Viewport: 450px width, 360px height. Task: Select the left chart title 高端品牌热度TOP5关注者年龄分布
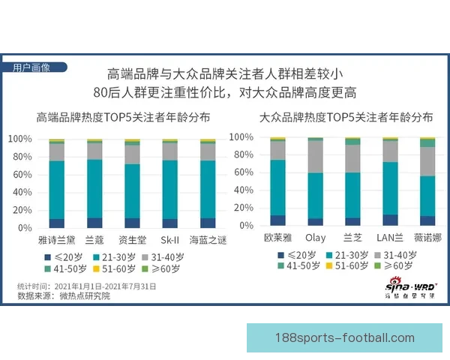coord(123,118)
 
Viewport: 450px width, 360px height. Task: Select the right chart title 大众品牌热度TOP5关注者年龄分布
coord(346,118)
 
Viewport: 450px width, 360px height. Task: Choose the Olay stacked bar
coord(315,181)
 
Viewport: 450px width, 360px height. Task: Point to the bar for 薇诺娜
coord(427,181)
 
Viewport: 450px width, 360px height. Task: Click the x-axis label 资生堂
coord(132,240)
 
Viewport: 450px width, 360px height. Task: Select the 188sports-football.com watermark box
coord(346,337)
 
